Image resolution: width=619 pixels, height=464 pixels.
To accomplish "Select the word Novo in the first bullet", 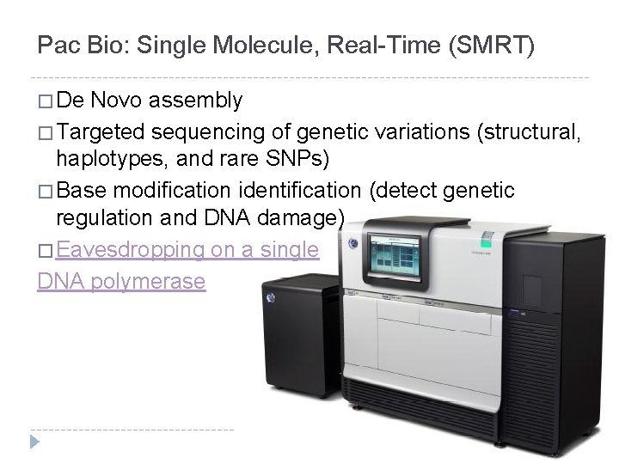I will (118, 101).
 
